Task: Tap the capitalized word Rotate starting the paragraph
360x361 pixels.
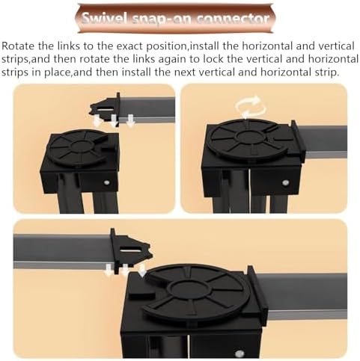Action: pos(19,46)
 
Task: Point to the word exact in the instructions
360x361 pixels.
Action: pos(129,46)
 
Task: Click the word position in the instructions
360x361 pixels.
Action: pos(167,47)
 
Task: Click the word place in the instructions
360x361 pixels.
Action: pos(57,72)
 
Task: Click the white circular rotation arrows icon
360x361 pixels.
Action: pos(250,107)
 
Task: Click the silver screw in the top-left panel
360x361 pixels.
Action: pos(107,182)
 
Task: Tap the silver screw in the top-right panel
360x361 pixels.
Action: pos(285,183)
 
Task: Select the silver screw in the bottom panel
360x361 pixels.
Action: pos(240,354)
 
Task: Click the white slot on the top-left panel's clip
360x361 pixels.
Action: pos(106,110)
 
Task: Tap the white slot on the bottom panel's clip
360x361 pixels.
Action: pos(132,249)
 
